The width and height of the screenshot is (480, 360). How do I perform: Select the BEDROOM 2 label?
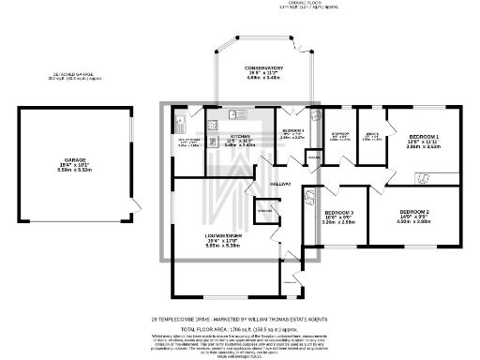413,213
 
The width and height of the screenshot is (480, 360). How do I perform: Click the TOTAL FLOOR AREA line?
240,329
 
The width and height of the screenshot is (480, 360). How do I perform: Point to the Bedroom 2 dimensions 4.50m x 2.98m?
413,223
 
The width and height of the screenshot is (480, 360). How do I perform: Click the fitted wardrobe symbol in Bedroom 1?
424,177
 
